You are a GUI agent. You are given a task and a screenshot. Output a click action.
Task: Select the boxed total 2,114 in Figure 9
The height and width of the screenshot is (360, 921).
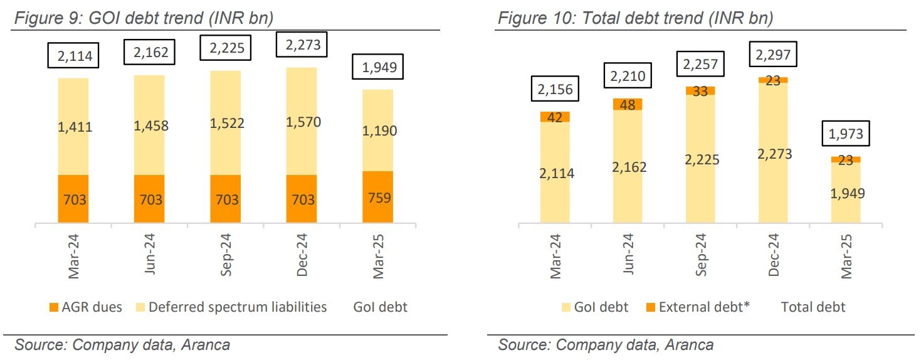click(x=73, y=57)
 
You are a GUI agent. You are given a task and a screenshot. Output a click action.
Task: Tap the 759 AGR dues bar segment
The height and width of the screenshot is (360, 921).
click(x=377, y=197)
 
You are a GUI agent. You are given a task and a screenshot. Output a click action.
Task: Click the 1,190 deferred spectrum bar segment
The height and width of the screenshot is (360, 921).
click(x=377, y=130)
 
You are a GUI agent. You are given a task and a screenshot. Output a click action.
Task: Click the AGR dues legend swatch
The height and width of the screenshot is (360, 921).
click(x=53, y=307)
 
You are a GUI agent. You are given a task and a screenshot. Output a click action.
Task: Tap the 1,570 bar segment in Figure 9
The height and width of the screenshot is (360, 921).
click(x=302, y=121)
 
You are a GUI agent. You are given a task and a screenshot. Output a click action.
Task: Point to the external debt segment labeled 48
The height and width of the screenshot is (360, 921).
click(x=628, y=104)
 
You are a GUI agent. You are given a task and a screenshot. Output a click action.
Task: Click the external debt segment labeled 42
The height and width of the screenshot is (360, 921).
click(x=555, y=117)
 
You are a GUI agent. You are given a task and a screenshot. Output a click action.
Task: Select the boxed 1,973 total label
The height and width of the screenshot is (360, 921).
click(x=846, y=133)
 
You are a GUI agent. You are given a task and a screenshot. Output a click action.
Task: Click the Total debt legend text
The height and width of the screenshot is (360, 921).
click(x=813, y=307)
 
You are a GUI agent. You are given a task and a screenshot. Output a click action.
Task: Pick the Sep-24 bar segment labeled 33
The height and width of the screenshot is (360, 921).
click(x=700, y=91)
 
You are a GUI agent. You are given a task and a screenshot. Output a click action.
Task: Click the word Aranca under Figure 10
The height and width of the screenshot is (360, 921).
click(x=689, y=345)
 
